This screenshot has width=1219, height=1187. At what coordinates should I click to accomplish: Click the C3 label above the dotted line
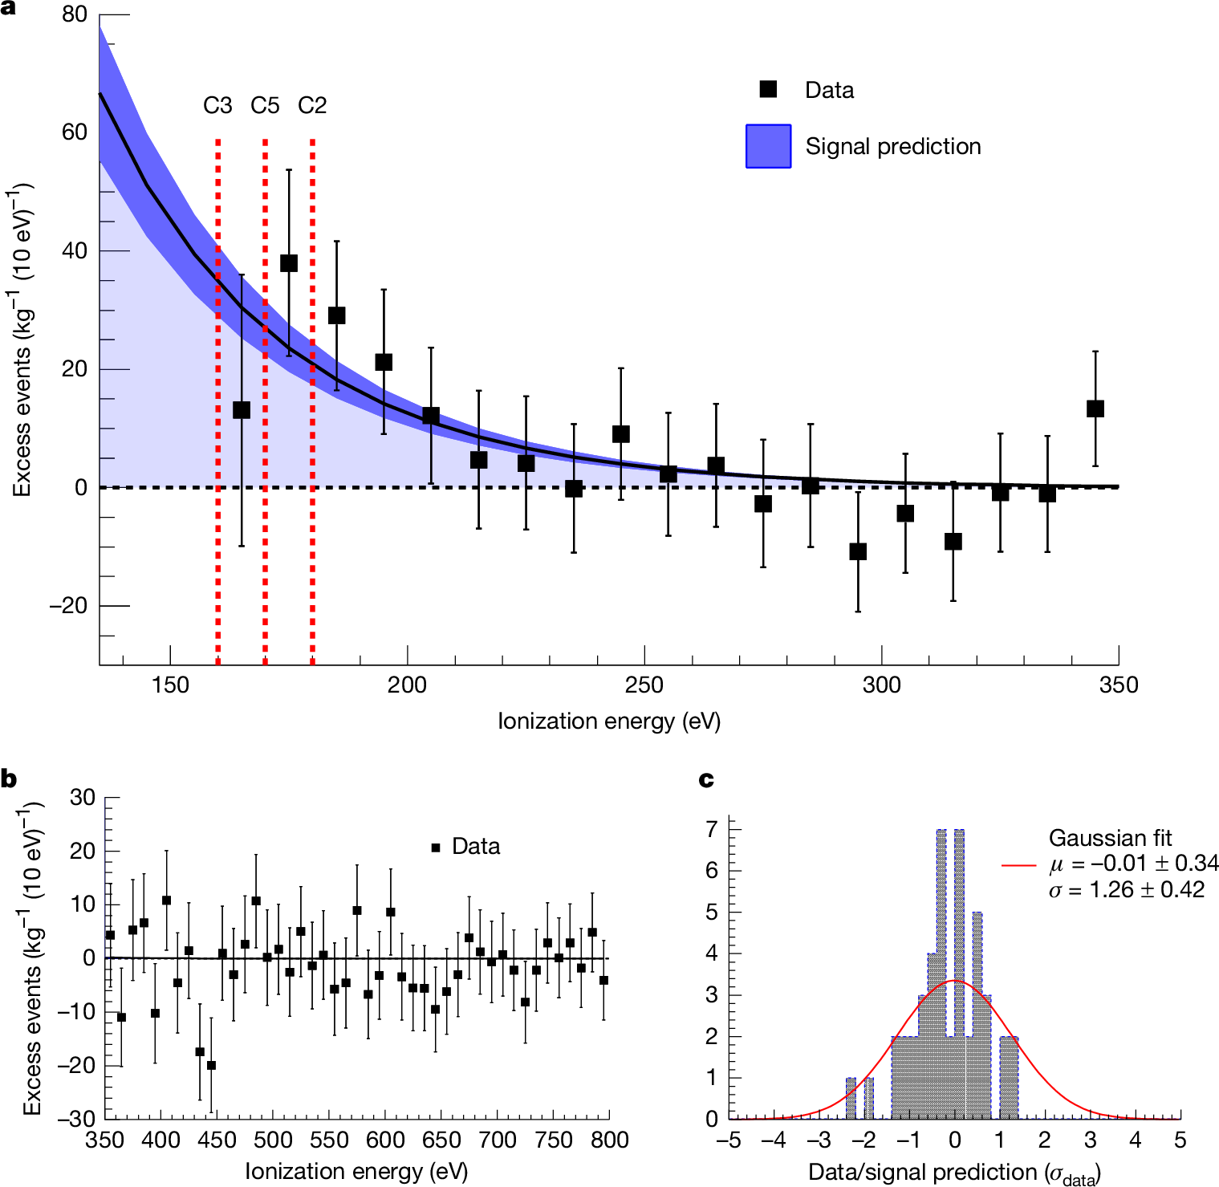click(217, 105)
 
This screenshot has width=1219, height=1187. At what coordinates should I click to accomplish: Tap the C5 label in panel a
click(265, 105)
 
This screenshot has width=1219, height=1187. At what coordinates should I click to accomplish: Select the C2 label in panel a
click(312, 105)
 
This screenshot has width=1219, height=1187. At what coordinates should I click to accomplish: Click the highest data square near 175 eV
click(289, 263)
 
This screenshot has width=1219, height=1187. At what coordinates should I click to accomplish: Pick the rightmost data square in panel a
click(1095, 409)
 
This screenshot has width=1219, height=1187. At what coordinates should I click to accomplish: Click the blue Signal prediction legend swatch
click(768, 146)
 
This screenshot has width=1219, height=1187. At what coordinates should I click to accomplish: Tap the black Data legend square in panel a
click(769, 89)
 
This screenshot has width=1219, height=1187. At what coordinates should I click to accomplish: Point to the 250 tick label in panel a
click(644, 685)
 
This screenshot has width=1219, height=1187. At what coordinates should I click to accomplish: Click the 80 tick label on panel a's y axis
click(74, 14)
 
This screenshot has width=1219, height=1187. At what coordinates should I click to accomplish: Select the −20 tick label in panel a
click(68, 606)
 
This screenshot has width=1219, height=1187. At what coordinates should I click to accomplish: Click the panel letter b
click(9, 778)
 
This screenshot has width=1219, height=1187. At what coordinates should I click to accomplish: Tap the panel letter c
click(706, 778)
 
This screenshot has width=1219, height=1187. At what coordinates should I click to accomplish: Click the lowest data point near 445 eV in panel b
click(211, 1065)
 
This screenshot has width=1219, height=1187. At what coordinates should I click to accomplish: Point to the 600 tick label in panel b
click(385, 1140)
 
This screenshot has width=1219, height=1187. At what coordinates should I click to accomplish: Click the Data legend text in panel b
click(475, 847)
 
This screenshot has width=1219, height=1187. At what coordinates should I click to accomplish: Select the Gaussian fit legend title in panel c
click(1110, 838)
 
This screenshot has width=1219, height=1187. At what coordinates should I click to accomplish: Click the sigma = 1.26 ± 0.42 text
click(1127, 889)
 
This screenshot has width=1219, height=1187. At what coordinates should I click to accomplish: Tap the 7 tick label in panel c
click(712, 829)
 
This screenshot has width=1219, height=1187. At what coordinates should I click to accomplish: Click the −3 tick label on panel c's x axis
click(819, 1140)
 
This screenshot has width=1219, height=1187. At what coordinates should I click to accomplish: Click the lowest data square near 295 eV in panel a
click(858, 551)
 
